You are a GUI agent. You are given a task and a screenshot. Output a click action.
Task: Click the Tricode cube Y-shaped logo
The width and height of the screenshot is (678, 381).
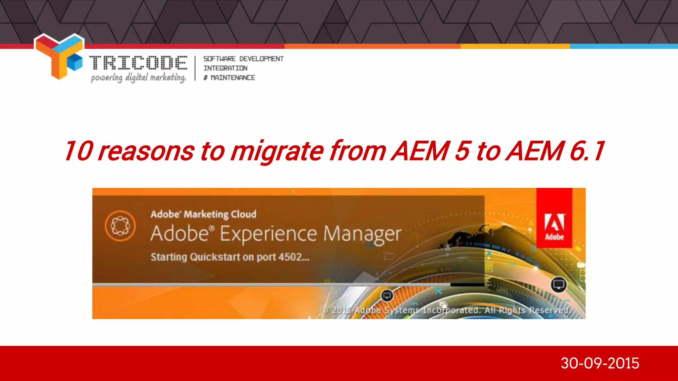pyautogui.click(x=59, y=56)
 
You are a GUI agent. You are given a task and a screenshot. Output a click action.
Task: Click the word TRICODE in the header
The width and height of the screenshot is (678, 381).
pyautogui.click(x=138, y=63)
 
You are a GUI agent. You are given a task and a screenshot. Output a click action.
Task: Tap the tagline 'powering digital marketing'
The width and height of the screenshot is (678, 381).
pyautogui.click(x=138, y=78)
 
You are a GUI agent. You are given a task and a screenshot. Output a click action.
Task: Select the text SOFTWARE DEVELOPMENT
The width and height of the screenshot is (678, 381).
pyautogui.click(x=243, y=59)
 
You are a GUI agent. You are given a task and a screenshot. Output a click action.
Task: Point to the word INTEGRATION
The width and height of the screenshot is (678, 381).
pyautogui.click(x=225, y=68)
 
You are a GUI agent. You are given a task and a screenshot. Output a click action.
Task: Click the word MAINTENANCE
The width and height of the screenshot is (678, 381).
pyautogui.click(x=233, y=78)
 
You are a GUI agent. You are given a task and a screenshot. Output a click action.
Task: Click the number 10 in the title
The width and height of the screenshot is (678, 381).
pyautogui.click(x=78, y=151)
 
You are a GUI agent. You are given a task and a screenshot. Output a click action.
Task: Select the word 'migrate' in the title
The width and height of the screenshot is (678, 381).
pyautogui.click(x=277, y=151)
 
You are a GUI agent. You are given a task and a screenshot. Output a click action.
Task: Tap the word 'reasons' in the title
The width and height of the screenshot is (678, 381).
pyautogui.click(x=146, y=151)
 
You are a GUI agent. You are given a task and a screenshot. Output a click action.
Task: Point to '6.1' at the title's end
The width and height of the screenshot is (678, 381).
pyautogui.click(x=587, y=151)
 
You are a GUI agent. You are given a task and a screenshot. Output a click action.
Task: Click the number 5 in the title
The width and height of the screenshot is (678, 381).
pyautogui.click(x=462, y=151)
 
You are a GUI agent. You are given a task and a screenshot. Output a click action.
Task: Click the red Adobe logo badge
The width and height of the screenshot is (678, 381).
pyautogui.click(x=554, y=218)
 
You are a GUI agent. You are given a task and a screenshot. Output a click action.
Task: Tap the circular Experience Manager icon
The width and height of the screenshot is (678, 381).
pyautogui.click(x=120, y=226)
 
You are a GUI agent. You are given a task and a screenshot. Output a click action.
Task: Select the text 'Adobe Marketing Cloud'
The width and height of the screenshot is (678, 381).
pyautogui.click(x=203, y=214)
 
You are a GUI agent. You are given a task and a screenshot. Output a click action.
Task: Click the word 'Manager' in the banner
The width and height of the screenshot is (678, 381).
pyautogui.click(x=362, y=234)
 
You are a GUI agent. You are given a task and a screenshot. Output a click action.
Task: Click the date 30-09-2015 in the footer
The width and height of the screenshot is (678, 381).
pyautogui.click(x=600, y=363)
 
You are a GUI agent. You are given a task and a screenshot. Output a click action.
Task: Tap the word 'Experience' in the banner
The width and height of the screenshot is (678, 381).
pyautogui.click(x=268, y=234)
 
